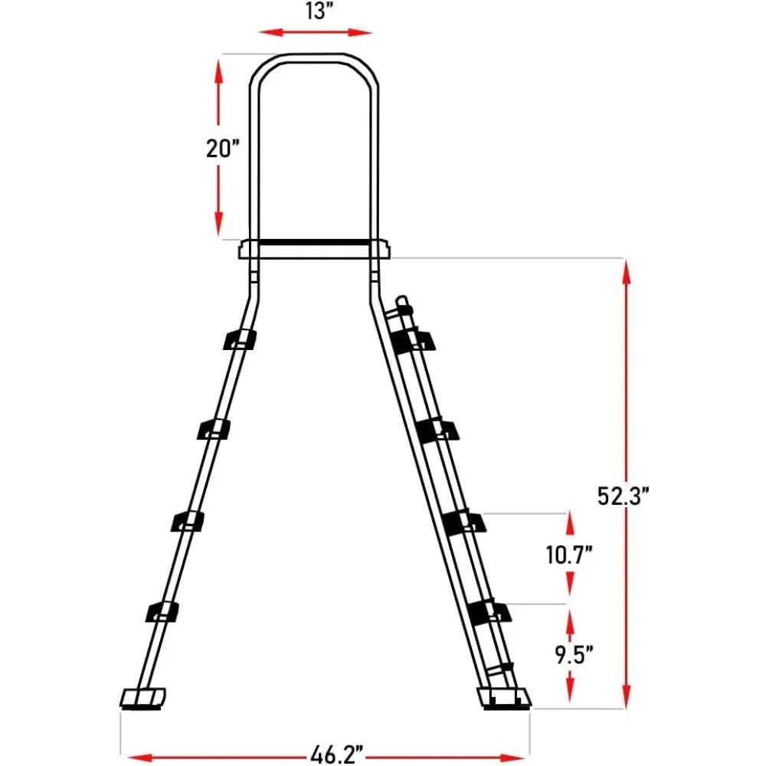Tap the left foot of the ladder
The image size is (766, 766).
143,697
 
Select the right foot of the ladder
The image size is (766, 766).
503,697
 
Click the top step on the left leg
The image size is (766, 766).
240,339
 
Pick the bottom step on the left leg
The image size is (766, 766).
162,612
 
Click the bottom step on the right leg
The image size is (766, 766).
487,612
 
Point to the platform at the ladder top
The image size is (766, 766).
314,250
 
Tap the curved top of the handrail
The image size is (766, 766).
314,59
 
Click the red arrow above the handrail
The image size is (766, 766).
315,32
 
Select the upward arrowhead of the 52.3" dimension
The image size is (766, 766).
627,268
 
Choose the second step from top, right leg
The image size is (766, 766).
438,430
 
